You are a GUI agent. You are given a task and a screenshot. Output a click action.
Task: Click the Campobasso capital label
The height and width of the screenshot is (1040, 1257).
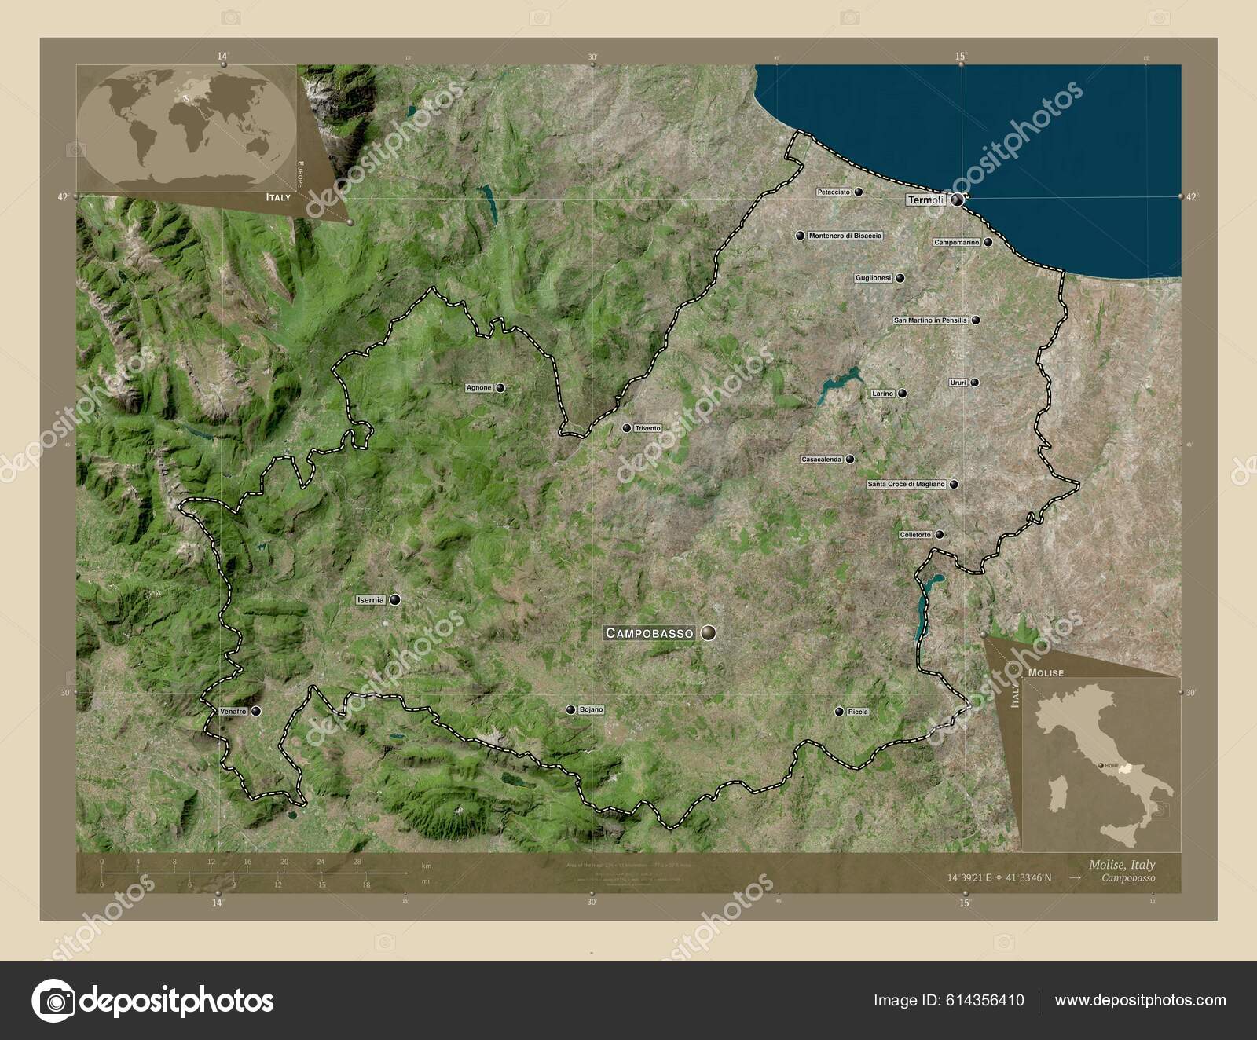pyautogui.click(x=649, y=632)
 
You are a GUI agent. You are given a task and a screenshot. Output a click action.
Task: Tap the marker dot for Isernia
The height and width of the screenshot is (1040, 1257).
pyautogui.click(x=394, y=599)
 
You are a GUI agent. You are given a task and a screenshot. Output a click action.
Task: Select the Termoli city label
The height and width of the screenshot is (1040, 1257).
pyautogui.click(x=925, y=200)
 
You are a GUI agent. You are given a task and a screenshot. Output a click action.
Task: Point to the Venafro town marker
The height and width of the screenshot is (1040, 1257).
pyautogui.click(x=256, y=711)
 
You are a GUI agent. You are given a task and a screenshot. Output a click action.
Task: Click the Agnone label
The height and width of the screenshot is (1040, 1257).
pyautogui.click(x=478, y=388)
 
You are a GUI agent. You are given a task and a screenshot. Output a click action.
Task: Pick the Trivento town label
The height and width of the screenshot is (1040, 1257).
pyautogui.click(x=648, y=428)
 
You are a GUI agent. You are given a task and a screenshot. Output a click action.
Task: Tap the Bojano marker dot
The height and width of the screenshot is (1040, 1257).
pyautogui.click(x=572, y=710)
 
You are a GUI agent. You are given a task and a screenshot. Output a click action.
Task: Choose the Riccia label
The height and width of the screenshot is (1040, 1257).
pyautogui.click(x=858, y=712)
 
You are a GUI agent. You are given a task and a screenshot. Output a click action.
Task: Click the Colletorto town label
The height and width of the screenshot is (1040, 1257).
pyautogui.click(x=915, y=535)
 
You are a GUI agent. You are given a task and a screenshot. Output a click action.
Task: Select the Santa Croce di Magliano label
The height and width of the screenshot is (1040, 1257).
pyautogui.click(x=906, y=485)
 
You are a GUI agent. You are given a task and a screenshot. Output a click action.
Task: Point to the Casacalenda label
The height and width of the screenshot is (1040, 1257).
pyautogui.click(x=821, y=459)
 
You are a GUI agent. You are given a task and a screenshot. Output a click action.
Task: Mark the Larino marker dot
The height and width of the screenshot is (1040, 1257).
pyautogui.click(x=903, y=394)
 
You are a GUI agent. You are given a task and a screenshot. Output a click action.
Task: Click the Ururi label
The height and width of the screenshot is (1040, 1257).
pyautogui.click(x=958, y=383)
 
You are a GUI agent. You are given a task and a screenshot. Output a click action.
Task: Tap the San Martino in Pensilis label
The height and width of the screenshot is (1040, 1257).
pyautogui.click(x=930, y=320)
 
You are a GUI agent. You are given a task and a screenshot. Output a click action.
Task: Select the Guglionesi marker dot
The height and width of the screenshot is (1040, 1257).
pyautogui.click(x=900, y=278)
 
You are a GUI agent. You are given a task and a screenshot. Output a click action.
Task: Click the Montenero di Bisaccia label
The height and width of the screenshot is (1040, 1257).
pyautogui.click(x=845, y=236)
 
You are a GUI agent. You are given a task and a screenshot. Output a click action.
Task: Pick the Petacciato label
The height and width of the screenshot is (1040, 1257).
pyautogui.click(x=834, y=192)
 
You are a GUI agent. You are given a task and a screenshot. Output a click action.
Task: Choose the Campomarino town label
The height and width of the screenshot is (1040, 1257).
pyautogui.click(x=956, y=243)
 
